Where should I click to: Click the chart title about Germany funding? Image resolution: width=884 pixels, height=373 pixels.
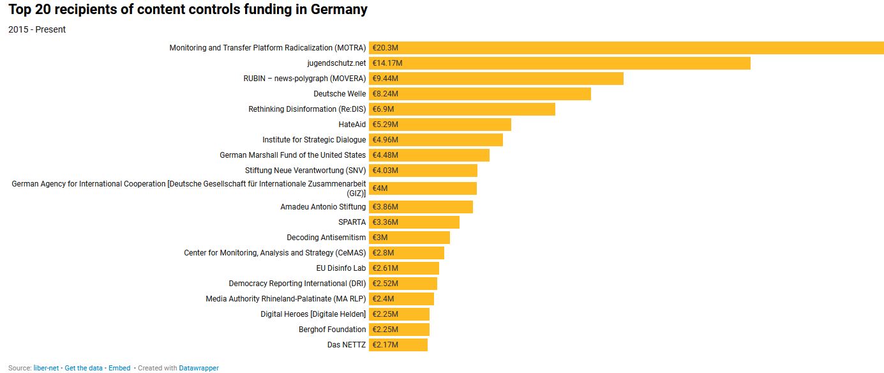[188, 10]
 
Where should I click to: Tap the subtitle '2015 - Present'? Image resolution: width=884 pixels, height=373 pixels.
[37, 29]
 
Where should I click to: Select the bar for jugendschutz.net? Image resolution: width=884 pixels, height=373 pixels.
[559, 63]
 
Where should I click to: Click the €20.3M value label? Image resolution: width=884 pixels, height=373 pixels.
[386, 48]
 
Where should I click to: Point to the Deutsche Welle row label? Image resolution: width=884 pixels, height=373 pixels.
[340, 94]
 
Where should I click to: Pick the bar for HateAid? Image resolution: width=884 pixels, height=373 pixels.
[440, 125]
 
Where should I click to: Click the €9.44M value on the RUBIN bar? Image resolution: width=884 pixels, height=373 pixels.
[386, 79]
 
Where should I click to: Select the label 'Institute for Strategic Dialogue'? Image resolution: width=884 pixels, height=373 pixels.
[314, 140]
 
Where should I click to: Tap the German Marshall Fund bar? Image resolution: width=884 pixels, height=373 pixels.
[429, 155]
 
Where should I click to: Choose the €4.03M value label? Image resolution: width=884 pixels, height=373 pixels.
[386, 171]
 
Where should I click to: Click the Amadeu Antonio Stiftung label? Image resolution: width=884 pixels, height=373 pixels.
[323, 207]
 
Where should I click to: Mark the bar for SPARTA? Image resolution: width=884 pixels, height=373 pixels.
[414, 222]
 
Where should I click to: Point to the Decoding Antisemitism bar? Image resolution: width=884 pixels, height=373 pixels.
[409, 238]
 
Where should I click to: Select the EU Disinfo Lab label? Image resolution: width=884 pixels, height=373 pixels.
[341, 268]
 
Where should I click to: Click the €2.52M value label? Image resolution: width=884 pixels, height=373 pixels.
[386, 284]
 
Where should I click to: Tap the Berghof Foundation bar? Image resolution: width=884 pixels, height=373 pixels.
[399, 330]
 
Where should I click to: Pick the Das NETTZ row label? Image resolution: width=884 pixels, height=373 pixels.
[347, 345]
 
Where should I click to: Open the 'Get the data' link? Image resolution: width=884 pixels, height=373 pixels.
[84, 368]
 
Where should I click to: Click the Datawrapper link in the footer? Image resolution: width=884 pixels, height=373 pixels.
[199, 368]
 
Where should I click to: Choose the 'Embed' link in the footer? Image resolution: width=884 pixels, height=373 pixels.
[119, 368]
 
